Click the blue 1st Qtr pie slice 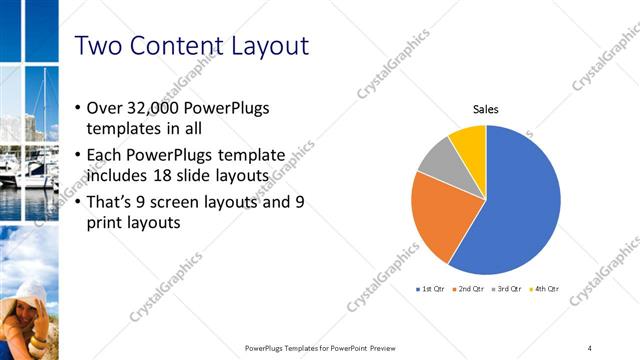[x=525, y=205]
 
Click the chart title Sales [x=486, y=110]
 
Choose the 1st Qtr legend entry [x=432, y=289]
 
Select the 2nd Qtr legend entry [x=471, y=289]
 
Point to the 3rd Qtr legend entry [x=509, y=289]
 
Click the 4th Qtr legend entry [x=546, y=289]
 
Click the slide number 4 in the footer [x=590, y=347]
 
